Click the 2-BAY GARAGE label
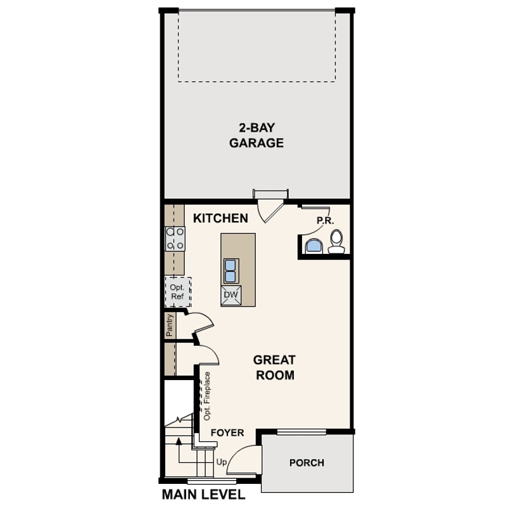pyautogui.click(x=256, y=135)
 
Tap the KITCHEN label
pyautogui.click(x=220, y=218)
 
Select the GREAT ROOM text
pyautogui.click(x=274, y=367)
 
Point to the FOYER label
pyautogui.click(x=227, y=433)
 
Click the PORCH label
pyautogui.click(x=307, y=462)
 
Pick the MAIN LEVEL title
pyautogui.click(x=203, y=495)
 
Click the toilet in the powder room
pyautogui.click(x=336, y=241)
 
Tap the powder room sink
pyautogui.click(x=313, y=246)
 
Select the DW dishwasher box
pyautogui.click(x=231, y=295)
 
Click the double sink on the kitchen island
pyautogui.click(x=231, y=271)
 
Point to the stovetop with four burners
pyautogui.click(x=175, y=239)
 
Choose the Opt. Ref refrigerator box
pyautogui.click(x=178, y=292)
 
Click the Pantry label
pyautogui.click(x=170, y=325)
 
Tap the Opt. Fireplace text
pyautogui.click(x=206, y=396)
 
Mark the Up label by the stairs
pyautogui.click(x=222, y=462)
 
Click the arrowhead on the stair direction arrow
pyautogui.click(x=179, y=441)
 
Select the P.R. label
pyautogui.click(x=325, y=221)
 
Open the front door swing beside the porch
pyautogui.click(x=244, y=458)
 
